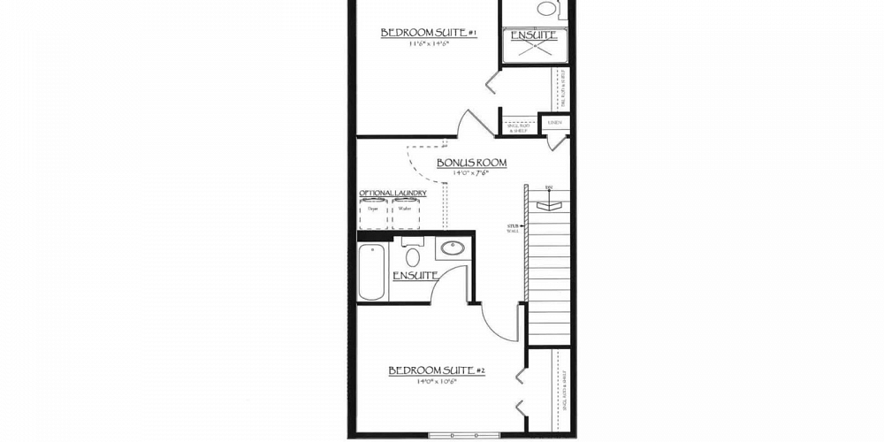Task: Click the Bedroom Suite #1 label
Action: click(x=429, y=33)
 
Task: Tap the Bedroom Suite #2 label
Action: click(x=437, y=370)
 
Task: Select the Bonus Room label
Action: click(x=471, y=163)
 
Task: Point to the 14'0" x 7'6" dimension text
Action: click(x=470, y=173)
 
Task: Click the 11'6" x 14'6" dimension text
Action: click(x=429, y=43)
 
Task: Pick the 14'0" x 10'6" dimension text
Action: click(x=437, y=382)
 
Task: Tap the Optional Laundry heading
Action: click(x=392, y=194)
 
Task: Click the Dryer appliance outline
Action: click(x=374, y=213)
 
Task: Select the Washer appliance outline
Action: click(x=405, y=213)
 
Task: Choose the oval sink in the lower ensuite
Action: click(x=453, y=248)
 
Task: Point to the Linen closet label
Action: click(x=554, y=123)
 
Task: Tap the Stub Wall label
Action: click(x=513, y=229)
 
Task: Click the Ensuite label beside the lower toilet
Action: click(x=416, y=276)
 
